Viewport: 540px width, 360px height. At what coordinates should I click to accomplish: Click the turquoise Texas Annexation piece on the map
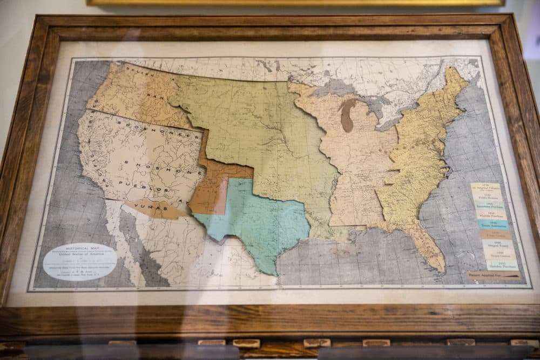[x=259, y=221]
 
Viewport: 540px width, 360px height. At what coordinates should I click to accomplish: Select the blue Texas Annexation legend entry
[x=492, y=224]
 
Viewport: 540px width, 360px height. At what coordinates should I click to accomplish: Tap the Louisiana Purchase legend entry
[x=489, y=207]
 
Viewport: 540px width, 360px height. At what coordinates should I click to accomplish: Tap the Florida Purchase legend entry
[x=490, y=215]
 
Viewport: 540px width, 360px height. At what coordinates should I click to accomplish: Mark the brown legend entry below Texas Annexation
[x=495, y=234]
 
